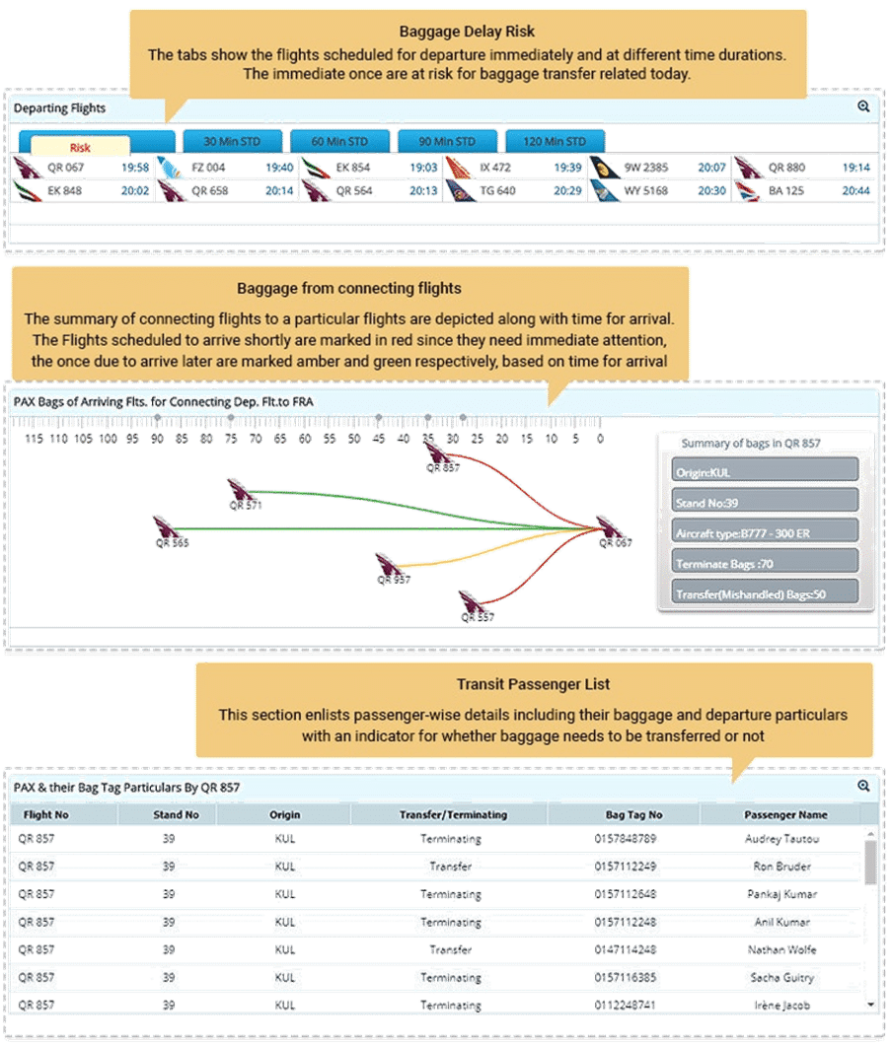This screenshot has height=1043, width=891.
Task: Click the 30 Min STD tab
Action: click(233, 141)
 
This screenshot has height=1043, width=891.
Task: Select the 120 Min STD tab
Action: click(555, 141)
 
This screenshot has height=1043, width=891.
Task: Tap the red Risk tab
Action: click(80, 147)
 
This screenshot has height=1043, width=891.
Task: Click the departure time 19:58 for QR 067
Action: click(135, 168)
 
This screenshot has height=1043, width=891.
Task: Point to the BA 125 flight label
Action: click(785, 191)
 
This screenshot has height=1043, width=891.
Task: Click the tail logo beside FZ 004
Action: click(170, 168)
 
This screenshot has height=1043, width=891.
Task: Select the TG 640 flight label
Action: click(497, 191)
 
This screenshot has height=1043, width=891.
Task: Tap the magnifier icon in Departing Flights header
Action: click(863, 106)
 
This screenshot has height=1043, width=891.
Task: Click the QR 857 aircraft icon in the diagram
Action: click(437, 453)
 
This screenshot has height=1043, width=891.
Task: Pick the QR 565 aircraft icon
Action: click(165, 527)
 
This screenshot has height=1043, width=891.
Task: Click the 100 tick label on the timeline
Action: click(108, 439)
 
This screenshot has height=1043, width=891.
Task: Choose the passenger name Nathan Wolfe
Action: click(781, 950)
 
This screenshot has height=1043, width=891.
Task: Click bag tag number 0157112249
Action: click(626, 867)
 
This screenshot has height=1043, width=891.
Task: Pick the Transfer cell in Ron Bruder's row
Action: click(451, 867)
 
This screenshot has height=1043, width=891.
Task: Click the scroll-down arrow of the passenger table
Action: click(870, 1006)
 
